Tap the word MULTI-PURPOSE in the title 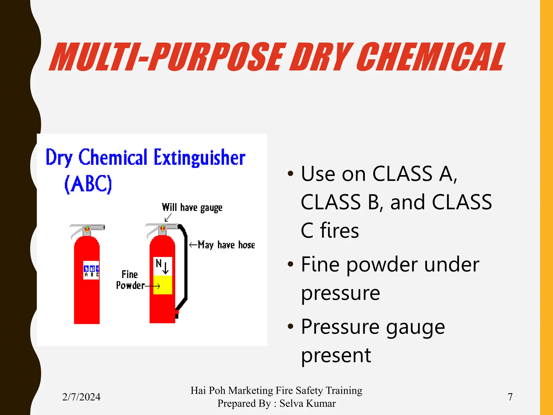coord(167,57)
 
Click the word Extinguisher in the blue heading coord(200,158)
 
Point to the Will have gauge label coord(192,207)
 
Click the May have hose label coord(226,245)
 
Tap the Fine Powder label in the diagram coord(130,280)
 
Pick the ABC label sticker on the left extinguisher coord(91,270)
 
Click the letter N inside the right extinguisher coord(159,263)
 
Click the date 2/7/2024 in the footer coord(81,397)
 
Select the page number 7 coord(510,397)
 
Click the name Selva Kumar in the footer coord(308,403)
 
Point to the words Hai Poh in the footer coord(208,390)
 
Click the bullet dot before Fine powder coord(291,264)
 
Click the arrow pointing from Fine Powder coord(153,286)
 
